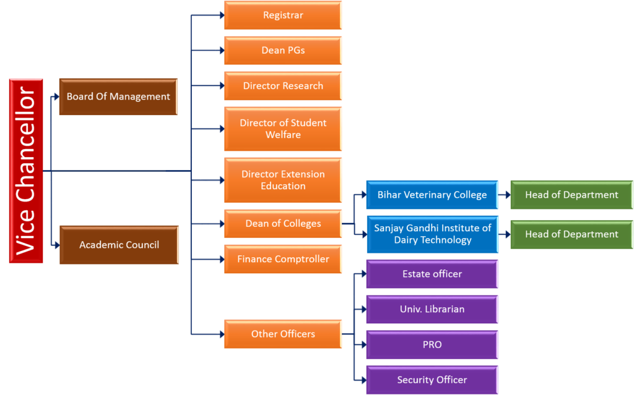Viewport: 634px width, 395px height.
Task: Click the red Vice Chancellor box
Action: [26, 171]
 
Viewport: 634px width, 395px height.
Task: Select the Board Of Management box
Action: [118, 96]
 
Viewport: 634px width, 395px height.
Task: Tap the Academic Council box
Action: [119, 245]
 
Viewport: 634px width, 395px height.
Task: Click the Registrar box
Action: [283, 15]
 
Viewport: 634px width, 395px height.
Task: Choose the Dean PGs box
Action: [283, 51]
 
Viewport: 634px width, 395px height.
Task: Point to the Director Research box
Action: [283, 86]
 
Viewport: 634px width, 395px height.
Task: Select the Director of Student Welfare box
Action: [283, 129]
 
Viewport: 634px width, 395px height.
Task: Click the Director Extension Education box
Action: [283, 180]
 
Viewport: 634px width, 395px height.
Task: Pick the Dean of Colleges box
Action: [283, 223]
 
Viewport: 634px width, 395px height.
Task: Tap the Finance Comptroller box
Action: [283, 259]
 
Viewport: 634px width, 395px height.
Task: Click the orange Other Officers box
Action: [283, 334]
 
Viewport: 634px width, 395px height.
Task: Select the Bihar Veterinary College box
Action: [432, 195]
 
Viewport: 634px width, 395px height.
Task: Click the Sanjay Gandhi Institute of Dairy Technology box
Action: [432, 234]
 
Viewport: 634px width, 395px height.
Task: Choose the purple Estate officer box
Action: [432, 274]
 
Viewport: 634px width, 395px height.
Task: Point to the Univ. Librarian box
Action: [432, 309]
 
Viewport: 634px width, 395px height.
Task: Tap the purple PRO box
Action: [432, 345]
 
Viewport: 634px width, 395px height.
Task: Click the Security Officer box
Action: [432, 380]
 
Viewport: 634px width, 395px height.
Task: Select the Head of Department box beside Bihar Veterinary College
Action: [571, 195]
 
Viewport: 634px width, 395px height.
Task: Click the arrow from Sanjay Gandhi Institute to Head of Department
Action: [504, 234]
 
